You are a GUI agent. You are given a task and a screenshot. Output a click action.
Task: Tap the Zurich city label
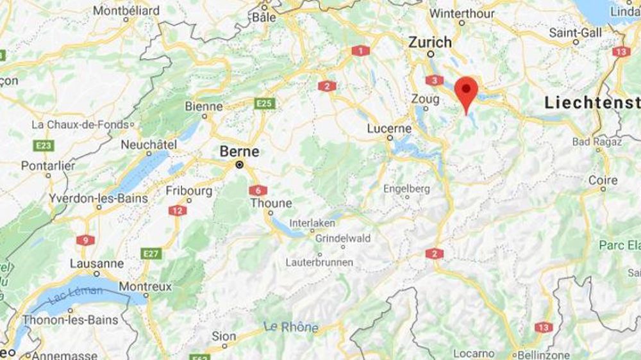coord(430,42)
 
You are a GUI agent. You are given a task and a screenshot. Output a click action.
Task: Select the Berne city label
coord(240,151)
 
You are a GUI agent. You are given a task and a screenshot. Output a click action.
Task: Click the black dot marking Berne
coord(240,165)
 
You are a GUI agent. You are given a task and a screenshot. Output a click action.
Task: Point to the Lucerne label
coord(389,128)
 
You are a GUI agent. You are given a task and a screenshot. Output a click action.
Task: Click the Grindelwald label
coord(343,238)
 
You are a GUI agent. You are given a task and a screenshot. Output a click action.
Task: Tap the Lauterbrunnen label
coord(319,263)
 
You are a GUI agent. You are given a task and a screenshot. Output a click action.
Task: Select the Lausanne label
coord(97,263)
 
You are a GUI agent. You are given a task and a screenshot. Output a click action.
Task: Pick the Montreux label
coord(145,286)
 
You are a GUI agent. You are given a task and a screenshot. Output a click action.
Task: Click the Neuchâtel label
coord(149,145)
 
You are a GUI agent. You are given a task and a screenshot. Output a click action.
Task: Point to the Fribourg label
coord(188,191)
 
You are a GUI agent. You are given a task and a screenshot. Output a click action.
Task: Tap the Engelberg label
coord(406,189)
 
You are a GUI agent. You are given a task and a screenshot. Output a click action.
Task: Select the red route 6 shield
coord(258,190)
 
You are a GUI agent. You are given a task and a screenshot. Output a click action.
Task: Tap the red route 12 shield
coord(178,210)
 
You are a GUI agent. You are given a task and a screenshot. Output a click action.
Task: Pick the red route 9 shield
coord(85,240)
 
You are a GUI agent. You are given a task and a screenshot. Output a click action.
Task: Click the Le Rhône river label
coord(291,327)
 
